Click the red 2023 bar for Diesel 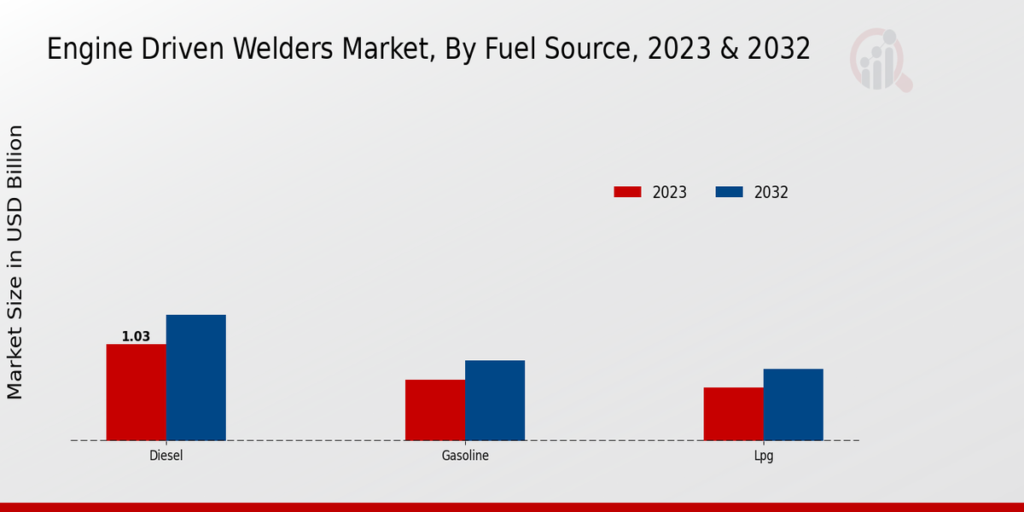tap(136, 393)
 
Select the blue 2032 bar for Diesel tap(195, 378)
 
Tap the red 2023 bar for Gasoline tap(435, 410)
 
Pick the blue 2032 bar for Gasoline tap(495, 400)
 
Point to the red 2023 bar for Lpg tap(733, 414)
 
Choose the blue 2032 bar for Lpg tap(793, 404)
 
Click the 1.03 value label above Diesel tap(136, 336)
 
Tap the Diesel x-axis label tap(166, 456)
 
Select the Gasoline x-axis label tap(465, 456)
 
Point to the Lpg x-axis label tap(764, 456)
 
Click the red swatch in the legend tap(627, 192)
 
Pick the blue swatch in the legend tap(729, 192)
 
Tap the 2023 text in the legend tap(669, 192)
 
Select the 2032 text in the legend tap(771, 192)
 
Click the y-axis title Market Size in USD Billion tap(15, 262)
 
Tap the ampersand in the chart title tap(730, 49)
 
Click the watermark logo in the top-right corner tap(880, 60)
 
